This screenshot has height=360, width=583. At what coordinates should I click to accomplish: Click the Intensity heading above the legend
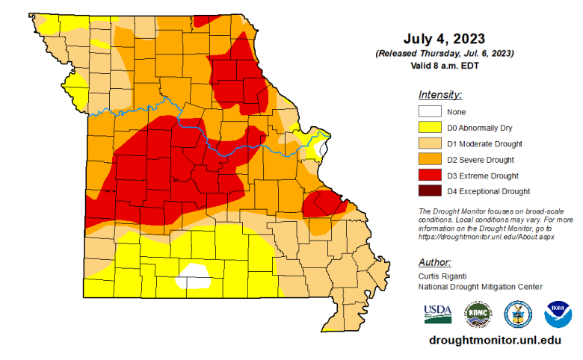(x=440, y=95)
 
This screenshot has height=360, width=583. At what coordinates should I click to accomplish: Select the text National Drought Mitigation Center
(x=481, y=287)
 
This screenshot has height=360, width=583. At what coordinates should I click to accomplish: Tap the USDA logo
(x=438, y=314)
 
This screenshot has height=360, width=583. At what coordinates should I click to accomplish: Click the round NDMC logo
(x=478, y=314)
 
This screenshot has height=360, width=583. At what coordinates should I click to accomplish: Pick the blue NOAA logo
(x=557, y=314)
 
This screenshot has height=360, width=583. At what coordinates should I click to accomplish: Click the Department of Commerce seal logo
(x=517, y=314)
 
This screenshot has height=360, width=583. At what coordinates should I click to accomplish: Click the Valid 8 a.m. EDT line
(x=444, y=66)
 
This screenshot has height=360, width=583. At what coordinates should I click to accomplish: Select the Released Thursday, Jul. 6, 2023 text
(x=444, y=54)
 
